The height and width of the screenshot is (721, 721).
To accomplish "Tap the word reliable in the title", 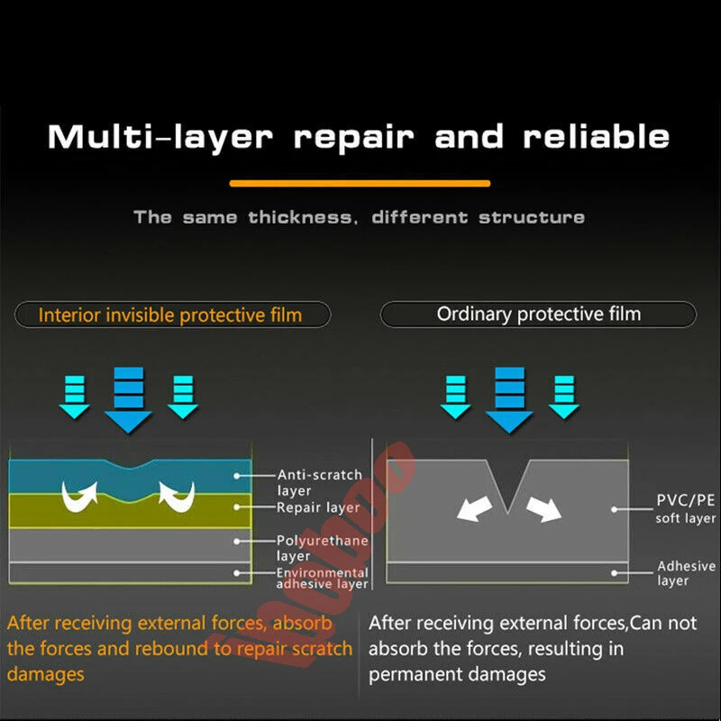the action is pos(597,137).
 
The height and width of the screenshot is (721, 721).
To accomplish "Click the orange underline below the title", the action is pos(360,183).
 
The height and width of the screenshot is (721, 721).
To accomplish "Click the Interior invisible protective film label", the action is pos(170,315).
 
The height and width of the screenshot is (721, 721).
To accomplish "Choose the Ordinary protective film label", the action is pos(538,315).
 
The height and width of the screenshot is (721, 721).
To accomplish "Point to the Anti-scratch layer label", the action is pos(319,482).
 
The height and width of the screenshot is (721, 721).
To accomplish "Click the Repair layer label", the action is pos(318,507).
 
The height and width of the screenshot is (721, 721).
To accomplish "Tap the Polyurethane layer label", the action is pos(319,548).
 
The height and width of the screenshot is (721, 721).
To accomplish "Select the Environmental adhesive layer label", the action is pos(322,578).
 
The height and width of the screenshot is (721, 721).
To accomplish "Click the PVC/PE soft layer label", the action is pos(686,509).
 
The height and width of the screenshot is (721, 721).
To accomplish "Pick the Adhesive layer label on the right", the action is pos(685,573).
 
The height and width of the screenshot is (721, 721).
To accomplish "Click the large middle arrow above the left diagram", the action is pos(128,399).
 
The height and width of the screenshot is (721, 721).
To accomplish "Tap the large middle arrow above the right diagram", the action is pos(509,399).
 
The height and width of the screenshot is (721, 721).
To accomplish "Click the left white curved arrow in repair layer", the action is pos(76,495).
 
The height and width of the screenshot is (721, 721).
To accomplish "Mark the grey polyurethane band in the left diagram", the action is pos(130,544).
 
